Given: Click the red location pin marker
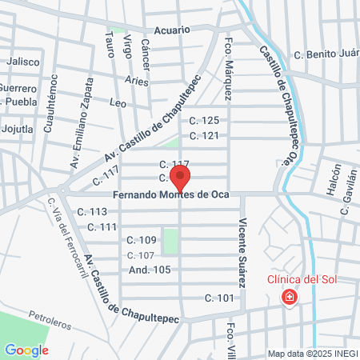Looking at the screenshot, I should (x=182, y=178).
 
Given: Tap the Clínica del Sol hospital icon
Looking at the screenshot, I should (x=288, y=298).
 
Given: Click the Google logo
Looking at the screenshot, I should (x=26, y=350).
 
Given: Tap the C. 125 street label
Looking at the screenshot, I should (x=203, y=121).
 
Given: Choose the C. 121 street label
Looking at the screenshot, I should (x=203, y=135).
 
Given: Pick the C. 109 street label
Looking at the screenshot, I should (x=142, y=240).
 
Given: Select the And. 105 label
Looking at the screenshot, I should (x=150, y=270).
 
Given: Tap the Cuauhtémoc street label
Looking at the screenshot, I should (x=54, y=98).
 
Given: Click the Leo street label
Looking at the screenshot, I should (x=118, y=103).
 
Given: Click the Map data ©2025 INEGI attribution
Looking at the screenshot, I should (x=313, y=354).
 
